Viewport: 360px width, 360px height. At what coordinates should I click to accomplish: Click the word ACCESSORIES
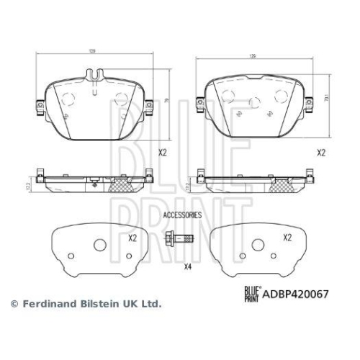(x=182, y=215)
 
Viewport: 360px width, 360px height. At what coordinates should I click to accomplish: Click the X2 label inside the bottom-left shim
(x=132, y=238)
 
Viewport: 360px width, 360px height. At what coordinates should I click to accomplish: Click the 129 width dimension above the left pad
(x=94, y=51)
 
